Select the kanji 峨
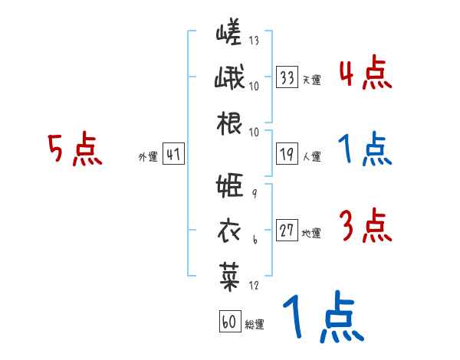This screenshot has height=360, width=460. tap(230, 79)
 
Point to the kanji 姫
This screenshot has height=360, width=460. tap(230, 186)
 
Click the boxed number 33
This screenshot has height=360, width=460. tap(287, 77)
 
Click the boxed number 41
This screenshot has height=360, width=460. tap(173, 155)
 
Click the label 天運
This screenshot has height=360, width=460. tap(311, 79)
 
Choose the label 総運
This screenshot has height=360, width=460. tap(255, 325)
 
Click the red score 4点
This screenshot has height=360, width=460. tap(365, 73)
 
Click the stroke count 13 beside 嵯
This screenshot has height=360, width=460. tap(255, 41)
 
